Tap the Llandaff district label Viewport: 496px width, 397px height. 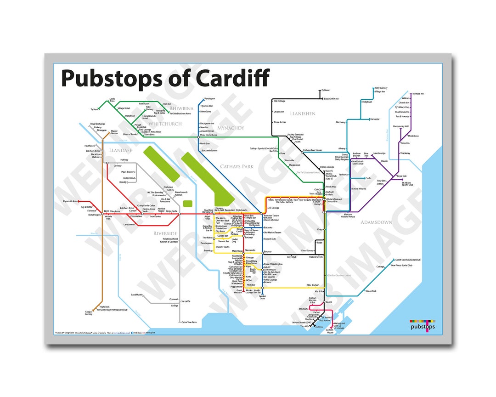(120, 150)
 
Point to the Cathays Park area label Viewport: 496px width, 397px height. (237, 166)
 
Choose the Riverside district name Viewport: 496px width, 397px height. (165, 233)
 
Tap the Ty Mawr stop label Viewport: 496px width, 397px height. (326, 91)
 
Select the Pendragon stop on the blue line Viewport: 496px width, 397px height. (209, 99)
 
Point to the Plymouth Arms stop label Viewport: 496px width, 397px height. (70, 201)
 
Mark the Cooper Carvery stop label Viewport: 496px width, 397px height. (89, 313)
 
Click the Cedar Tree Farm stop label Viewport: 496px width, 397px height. (189, 322)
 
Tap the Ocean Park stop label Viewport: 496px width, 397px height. (371, 291)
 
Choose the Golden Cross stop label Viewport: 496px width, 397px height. (263, 298)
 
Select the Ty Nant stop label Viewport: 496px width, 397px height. (95, 109)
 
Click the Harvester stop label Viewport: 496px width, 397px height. (375, 119)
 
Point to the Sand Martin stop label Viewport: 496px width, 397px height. (137, 295)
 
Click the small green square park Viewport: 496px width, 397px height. (187, 203)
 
